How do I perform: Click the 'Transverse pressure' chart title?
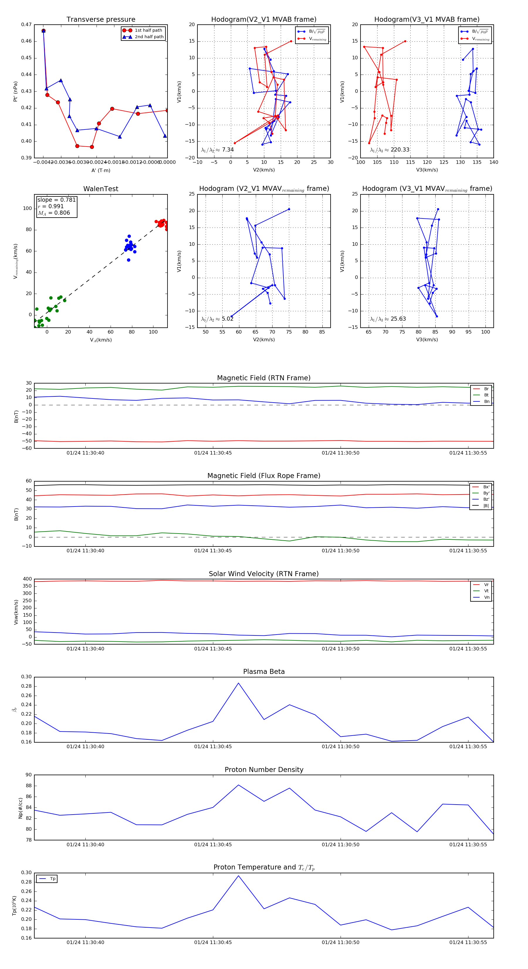point(101,20)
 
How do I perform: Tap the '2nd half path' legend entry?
point(149,37)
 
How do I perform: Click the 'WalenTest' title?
point(101,189)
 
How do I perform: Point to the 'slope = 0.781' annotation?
point(56,200)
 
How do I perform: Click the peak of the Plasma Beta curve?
point(238,683)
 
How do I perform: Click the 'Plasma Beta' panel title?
point(264,672)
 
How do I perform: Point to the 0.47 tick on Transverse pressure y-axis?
point(26,25)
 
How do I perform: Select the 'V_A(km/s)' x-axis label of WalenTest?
point(101,340)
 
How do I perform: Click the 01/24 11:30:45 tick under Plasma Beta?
point(213,747)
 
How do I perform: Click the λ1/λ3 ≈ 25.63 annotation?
point(387,319)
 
